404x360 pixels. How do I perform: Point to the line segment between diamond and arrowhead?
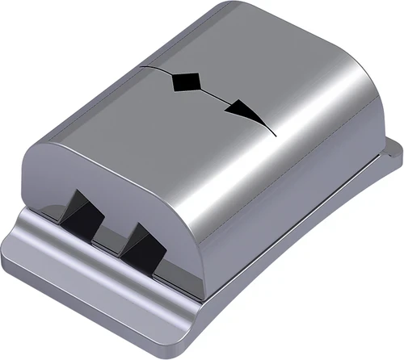[214, 95]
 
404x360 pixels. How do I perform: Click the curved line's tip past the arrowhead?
[272, 132]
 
